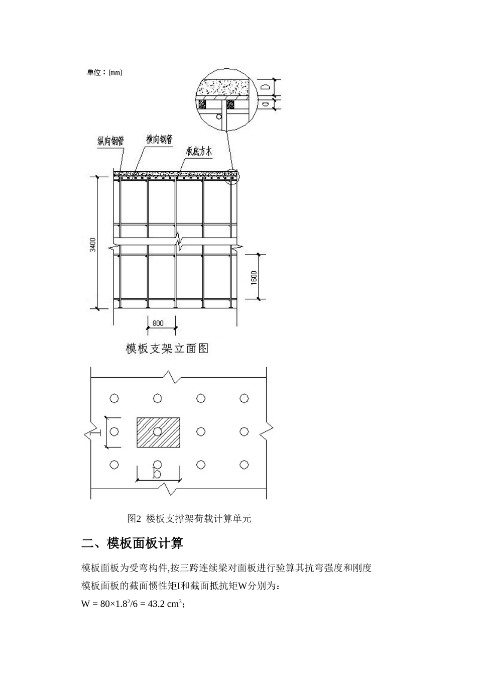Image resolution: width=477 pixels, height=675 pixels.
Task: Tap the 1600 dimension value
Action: click(254, 277)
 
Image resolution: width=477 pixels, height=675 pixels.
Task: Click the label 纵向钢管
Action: click(110, 142)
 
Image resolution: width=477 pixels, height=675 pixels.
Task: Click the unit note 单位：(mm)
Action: click(104, 72)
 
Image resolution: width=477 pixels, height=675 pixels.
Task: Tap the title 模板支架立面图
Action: click(167, 349)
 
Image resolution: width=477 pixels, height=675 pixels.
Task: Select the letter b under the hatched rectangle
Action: click(157, 473)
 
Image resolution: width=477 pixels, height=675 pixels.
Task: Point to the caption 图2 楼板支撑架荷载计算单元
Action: click(189, 519)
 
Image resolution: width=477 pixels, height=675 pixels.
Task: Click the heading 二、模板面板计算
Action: click(132, 543)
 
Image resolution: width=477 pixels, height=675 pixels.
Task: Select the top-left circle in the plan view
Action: click(114, 398)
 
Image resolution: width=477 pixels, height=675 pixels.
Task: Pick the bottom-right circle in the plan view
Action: click(244, 465)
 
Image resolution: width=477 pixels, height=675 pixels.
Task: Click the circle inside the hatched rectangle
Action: click(158, 431)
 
